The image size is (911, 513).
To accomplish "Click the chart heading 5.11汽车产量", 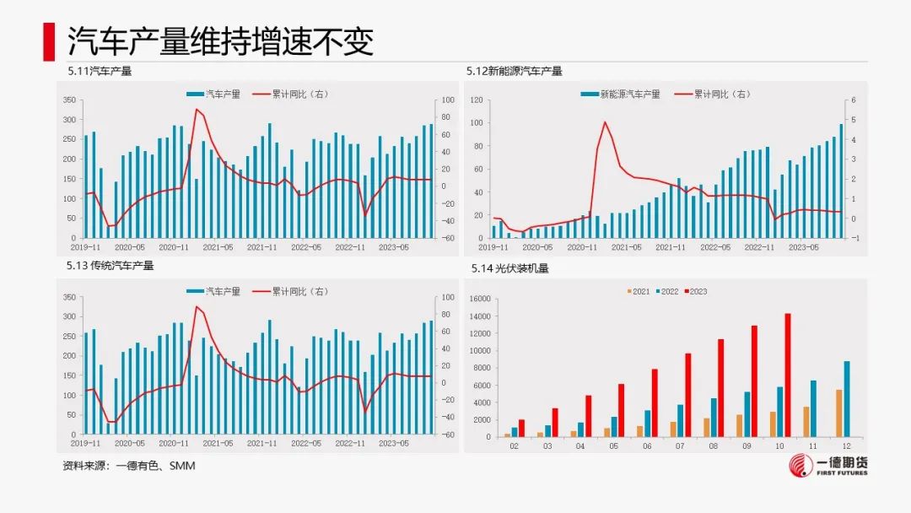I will [100, 72].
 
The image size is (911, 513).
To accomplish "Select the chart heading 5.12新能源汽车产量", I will [514, 72].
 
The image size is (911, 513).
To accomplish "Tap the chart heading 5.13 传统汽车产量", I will [111, 266].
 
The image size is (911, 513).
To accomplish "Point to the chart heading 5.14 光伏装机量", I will [509, 269].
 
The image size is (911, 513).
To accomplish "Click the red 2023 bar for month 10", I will [788, 375].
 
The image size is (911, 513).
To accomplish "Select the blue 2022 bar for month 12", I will [847, 399].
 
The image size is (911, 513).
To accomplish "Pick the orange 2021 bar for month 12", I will [838, 413].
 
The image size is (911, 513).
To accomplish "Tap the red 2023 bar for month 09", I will [754, 381].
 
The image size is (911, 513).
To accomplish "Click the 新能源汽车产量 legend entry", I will [625, 94].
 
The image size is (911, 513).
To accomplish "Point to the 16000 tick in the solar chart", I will [478, 299].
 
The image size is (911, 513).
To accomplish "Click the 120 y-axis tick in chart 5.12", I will [476, 100].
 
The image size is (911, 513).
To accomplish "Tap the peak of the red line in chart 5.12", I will [605, 122].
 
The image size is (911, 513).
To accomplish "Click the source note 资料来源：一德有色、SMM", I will [129, 465].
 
